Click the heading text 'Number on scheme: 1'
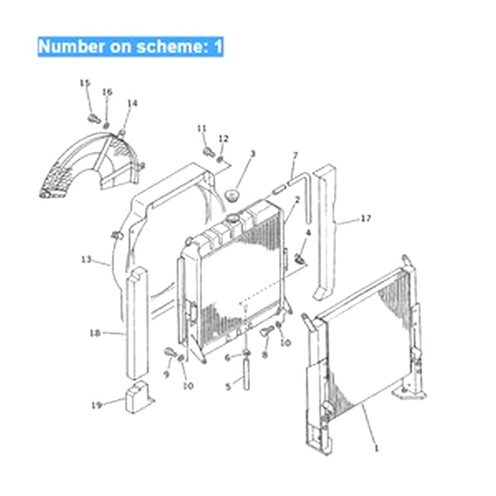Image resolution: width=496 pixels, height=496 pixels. [x=130, y=46]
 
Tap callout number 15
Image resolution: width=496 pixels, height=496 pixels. [x=85, y=83]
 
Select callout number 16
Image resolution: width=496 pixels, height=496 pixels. [x=107, y=92]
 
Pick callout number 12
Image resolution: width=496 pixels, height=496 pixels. [x=224, y=138]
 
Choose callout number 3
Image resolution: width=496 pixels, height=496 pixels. [x=252, y=153]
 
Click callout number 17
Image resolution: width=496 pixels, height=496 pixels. [x=366, y=218]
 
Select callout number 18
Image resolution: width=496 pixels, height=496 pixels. [x=95, y=333]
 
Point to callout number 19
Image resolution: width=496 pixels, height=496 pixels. [x=96, y=405]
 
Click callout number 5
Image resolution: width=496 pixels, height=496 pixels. [x=228, y=386]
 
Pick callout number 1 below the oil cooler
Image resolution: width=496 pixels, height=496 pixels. [x=375, y=447]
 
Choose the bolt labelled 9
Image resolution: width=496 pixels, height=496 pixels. [x=170, y=353]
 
